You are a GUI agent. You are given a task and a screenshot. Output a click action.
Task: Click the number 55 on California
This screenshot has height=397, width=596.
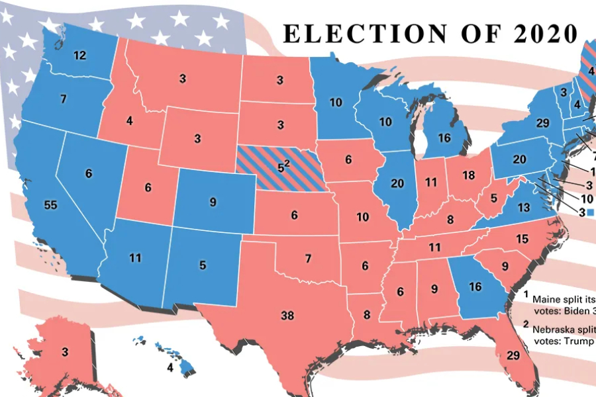(50, 205)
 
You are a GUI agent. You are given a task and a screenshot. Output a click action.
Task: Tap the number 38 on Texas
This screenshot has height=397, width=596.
(287, 316)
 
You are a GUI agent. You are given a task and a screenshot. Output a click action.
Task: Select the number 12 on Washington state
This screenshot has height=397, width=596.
(79, 56)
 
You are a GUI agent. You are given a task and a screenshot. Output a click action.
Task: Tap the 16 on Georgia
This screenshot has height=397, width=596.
(475, 287)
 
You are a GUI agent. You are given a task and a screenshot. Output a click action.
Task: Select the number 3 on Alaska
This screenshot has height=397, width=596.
(65, 352)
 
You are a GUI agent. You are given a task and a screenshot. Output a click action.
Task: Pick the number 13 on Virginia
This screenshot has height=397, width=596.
(523, 208)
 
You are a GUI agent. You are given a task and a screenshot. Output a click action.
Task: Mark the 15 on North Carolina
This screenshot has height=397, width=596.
(522, 238)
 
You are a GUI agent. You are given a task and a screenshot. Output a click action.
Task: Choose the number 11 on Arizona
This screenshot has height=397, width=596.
(135, 258)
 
